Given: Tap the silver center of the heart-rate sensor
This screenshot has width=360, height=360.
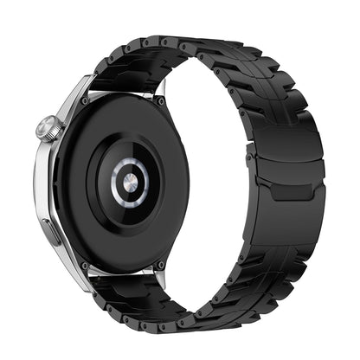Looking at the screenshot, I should tap(129, 182).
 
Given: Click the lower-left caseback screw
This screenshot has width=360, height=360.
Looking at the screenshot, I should tap(85, 264).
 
